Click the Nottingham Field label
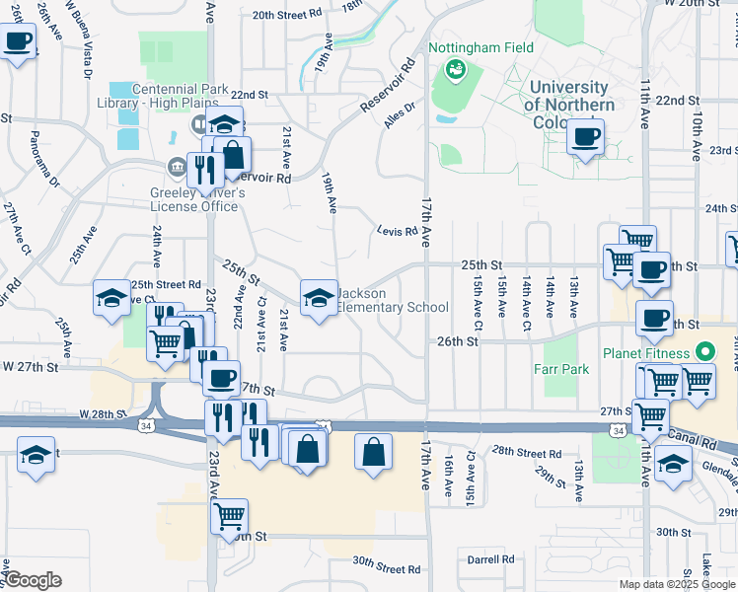480,47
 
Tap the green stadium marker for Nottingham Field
455,68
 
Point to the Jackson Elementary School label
393,300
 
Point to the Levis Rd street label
397,232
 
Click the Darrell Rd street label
491,559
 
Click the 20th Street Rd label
287,15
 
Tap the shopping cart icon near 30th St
230,514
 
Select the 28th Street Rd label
527,452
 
